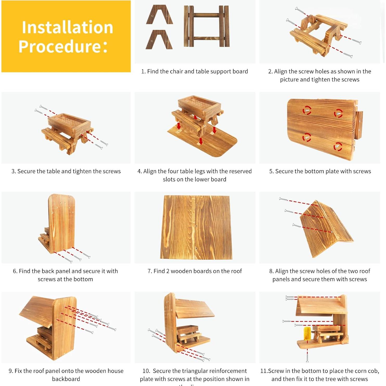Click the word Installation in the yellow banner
(x=67, y=27)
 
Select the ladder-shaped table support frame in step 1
(x=207, y=26)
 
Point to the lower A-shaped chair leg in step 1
(x=159, y=40)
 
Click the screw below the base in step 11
(x=307, y=356)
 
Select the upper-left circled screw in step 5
(x=307, y=110)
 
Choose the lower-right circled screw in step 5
(x=338, y=146)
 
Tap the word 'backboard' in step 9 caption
(x=66, y=379)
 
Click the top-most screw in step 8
(x=283, y=199)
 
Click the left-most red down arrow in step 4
(x=179, y=126)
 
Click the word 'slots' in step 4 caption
(x=169, y=179)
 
